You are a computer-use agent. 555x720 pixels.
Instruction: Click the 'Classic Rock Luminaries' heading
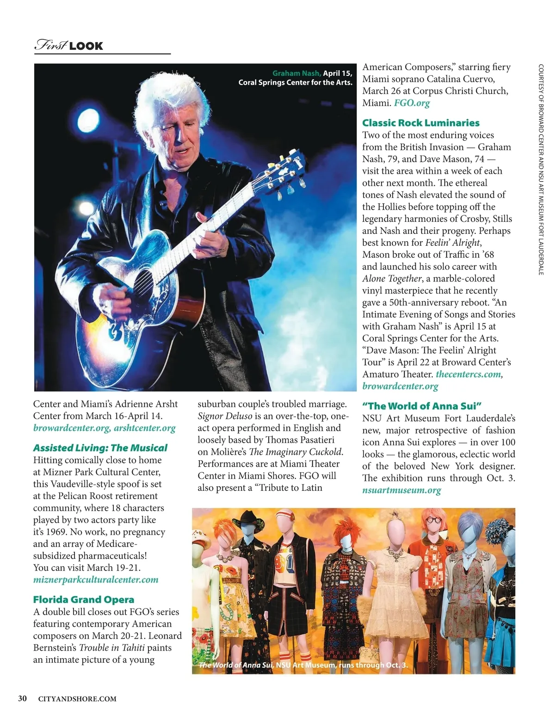click(x=420, y=123)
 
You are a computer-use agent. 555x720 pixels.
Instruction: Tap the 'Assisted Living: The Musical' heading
click(x=100, y=448)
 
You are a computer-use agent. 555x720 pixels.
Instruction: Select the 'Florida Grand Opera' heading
click(x=83, y=599)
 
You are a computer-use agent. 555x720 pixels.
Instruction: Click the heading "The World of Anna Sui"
click(x=422, y=406)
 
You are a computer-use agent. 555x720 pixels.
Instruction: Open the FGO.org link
click(x=412, y=103)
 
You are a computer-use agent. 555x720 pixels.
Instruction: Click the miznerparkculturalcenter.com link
click(x=96, y=580)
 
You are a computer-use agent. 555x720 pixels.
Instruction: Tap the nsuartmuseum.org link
click(x=401, y=490)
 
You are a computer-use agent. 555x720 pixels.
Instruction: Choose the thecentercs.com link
click(x=468, y=374)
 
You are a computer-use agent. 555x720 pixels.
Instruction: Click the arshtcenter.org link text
click(x=145, y=428)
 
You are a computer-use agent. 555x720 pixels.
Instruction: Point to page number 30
click(x=22, y=699)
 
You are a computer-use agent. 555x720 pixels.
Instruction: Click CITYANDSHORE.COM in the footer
click(x=77, y=699)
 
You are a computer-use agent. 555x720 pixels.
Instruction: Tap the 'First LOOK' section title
click(x=69, y=45)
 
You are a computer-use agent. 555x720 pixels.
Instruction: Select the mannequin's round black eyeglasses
click(x=433, y=520)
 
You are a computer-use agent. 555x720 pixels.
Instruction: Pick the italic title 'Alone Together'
click(x=392, y=279)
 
